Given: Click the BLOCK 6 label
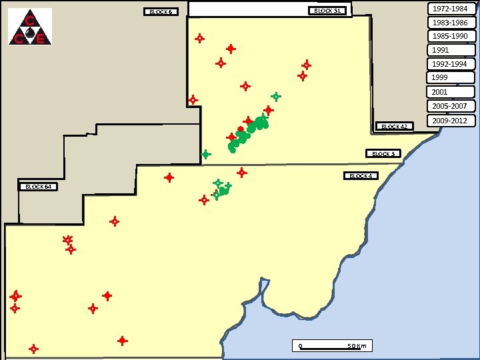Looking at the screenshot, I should [x=161, y=12].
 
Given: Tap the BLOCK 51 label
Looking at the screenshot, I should [x=327, y=11].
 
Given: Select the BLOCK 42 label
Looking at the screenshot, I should [x=395, y=126].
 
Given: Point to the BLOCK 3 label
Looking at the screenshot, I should [x=383, y=154].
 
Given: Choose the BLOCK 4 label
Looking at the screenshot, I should [x=361, y=176].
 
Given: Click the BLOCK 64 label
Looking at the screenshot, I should [x=39, y=187].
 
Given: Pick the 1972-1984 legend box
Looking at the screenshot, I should [x=451, y=9].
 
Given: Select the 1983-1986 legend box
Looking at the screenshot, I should [x=451, y=23].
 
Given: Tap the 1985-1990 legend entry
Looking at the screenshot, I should [x=451, y=36].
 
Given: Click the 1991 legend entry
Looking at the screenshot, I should [x=451, y=50].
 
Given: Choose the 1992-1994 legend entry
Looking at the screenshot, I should [x=451, y=64].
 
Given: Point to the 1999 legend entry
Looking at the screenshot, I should [x=451, y=78].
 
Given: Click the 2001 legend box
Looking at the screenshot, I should [x=451, y=92].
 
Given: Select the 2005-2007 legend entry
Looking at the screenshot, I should [x=451, y=106].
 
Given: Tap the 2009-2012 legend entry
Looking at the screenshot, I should [x=451, y=121].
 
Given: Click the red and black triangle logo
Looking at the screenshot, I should [x=30, y=27].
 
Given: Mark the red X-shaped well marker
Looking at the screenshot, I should [x=67, y=239].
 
